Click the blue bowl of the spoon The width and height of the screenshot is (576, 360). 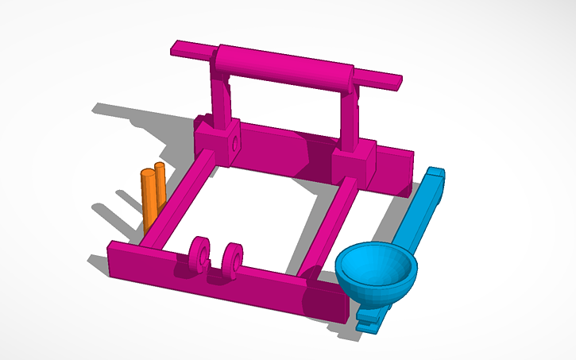click(x=375, y=270)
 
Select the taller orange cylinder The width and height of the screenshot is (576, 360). click(x=149, y=199)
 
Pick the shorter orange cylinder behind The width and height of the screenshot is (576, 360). click(x=160, y=181)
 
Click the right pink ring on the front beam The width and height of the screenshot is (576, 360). click(x=233, y=260)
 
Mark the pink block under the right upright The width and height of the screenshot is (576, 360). click(x=353, y=166)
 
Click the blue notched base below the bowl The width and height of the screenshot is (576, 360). click(x=370, y=318)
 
